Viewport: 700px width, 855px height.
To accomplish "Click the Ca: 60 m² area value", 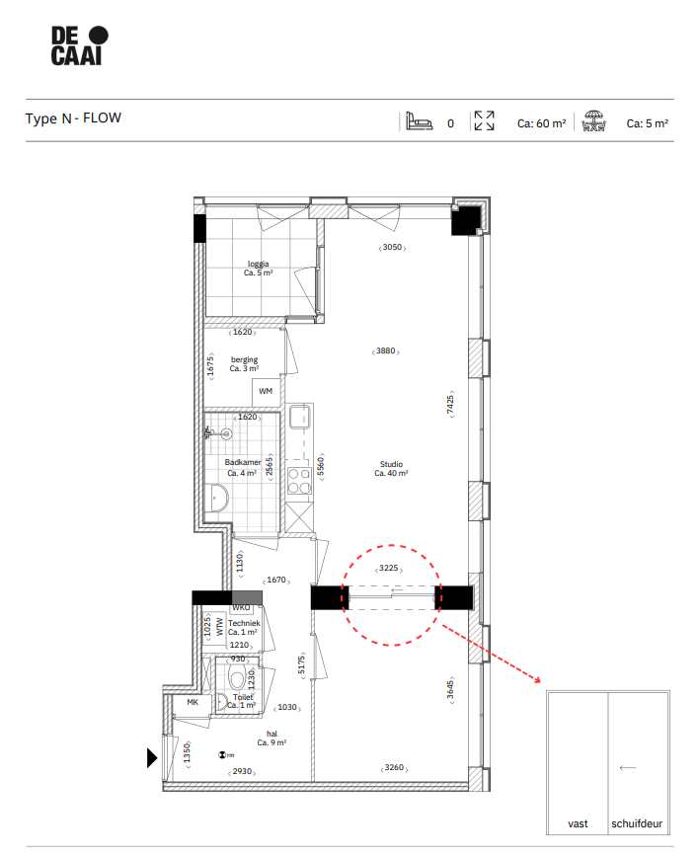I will [x=541, y=124].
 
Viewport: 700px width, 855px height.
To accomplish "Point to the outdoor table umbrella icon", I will [x=593, y=122].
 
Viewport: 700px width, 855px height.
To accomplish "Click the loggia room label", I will [x=258, y=269].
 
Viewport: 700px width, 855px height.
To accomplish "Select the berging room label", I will [x=244, y=364].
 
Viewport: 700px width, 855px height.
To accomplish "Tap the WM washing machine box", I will [x=265, y=392].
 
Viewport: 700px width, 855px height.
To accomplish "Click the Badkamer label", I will [x=242, y=467].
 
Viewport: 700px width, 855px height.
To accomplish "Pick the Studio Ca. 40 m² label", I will [x=391, y=469].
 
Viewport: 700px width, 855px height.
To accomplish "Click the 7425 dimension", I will [x=449, y=405].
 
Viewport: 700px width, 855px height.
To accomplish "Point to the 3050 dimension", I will [x=392, y=248].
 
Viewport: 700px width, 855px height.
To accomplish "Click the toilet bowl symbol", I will [x=236, y=678].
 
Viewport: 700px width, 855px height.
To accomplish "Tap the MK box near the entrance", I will [x=192, y=703].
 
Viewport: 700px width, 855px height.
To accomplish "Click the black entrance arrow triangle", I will [x=151, y=758].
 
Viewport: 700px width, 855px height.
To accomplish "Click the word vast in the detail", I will [x=578, y=823].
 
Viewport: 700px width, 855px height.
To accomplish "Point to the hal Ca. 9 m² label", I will [x=272, y=738].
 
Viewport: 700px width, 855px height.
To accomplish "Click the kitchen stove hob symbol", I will [x=299, y=481].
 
